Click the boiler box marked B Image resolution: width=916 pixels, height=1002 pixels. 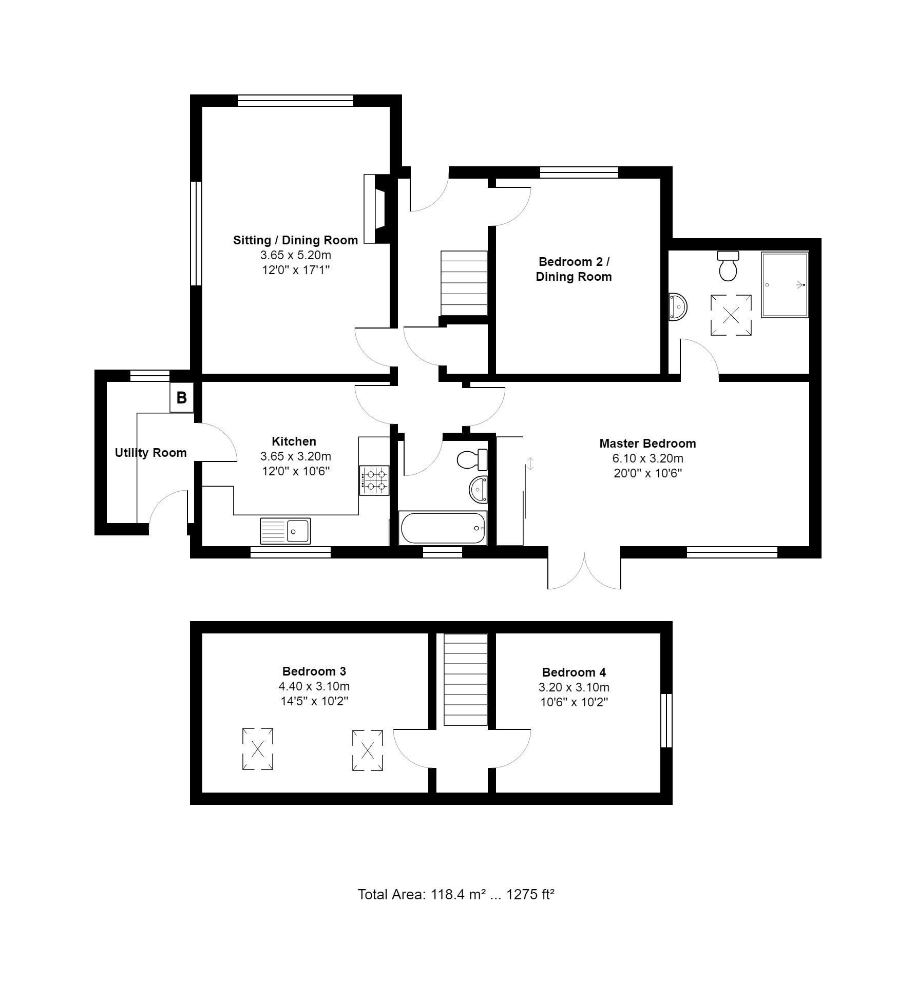pos(182,397)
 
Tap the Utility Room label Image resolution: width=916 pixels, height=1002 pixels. pos(150,453)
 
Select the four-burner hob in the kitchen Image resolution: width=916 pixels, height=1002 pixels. pos(374,480)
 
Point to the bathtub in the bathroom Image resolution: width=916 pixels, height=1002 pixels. pos(443,528)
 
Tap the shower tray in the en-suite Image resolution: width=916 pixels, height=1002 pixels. pos(785,284)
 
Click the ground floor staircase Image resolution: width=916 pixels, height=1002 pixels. pos(464,283)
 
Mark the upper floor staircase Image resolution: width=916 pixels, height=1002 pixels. pos(465,680)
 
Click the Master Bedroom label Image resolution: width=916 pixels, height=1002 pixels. pos(647,444)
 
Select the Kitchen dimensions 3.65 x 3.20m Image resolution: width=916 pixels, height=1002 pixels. pos(296,456)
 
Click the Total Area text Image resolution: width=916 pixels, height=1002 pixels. pos(456,895)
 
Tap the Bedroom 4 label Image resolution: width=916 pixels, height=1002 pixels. pos(574,672)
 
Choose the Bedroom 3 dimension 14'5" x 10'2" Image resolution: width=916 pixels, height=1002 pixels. pos(314,701)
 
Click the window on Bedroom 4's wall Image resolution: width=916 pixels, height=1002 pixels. pos(666,721)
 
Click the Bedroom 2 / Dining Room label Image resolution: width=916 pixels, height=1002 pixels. pos(574,269)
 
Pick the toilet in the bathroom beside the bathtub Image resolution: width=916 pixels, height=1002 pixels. pos(471,459)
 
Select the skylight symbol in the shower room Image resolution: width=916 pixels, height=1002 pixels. pos(731,315)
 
